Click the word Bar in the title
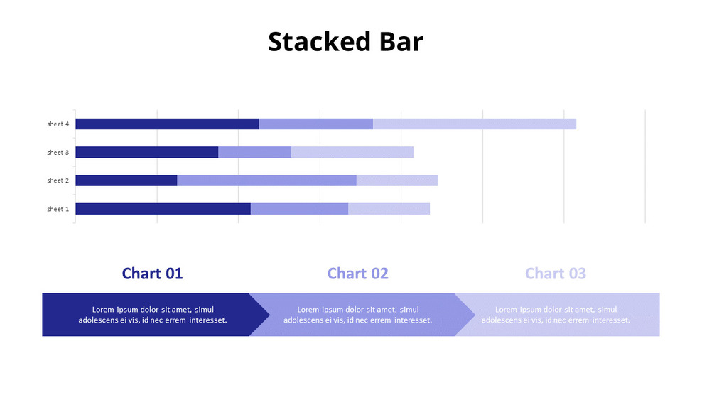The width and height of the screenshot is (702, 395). (x=399, y=42)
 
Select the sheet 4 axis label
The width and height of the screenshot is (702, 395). (x=58, y=124)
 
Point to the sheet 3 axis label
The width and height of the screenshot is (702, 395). (x=58, y=153)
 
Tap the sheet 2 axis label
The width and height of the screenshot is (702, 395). (x=58, y=180)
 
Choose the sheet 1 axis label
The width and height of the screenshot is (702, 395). (x=58, y=209)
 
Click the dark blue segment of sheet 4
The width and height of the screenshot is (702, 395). (x=167, y=124)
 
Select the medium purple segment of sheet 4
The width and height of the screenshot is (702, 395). (x=315, y=124)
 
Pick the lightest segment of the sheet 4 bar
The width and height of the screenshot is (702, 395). (x=474, y=124)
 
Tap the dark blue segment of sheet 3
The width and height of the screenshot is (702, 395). (x=146, y=152)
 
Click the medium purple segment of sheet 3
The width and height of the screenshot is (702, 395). (x=254, y=152)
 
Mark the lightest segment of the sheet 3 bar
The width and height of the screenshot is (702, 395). (x=352, y=152)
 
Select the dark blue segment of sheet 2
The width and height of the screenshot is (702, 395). (x=126, y=180)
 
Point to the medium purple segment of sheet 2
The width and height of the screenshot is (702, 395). (x=266, y=180)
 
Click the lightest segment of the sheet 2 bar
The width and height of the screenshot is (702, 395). (x=396, y=180)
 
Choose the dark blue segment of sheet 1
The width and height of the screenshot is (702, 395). (x=163, y=209)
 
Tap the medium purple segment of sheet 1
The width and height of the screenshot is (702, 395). (x=299, y=209)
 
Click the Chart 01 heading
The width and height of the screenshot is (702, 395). (x=152, y=274)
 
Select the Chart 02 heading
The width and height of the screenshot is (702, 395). (x=357, y=274)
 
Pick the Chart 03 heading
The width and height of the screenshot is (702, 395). (x=555, y=274)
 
